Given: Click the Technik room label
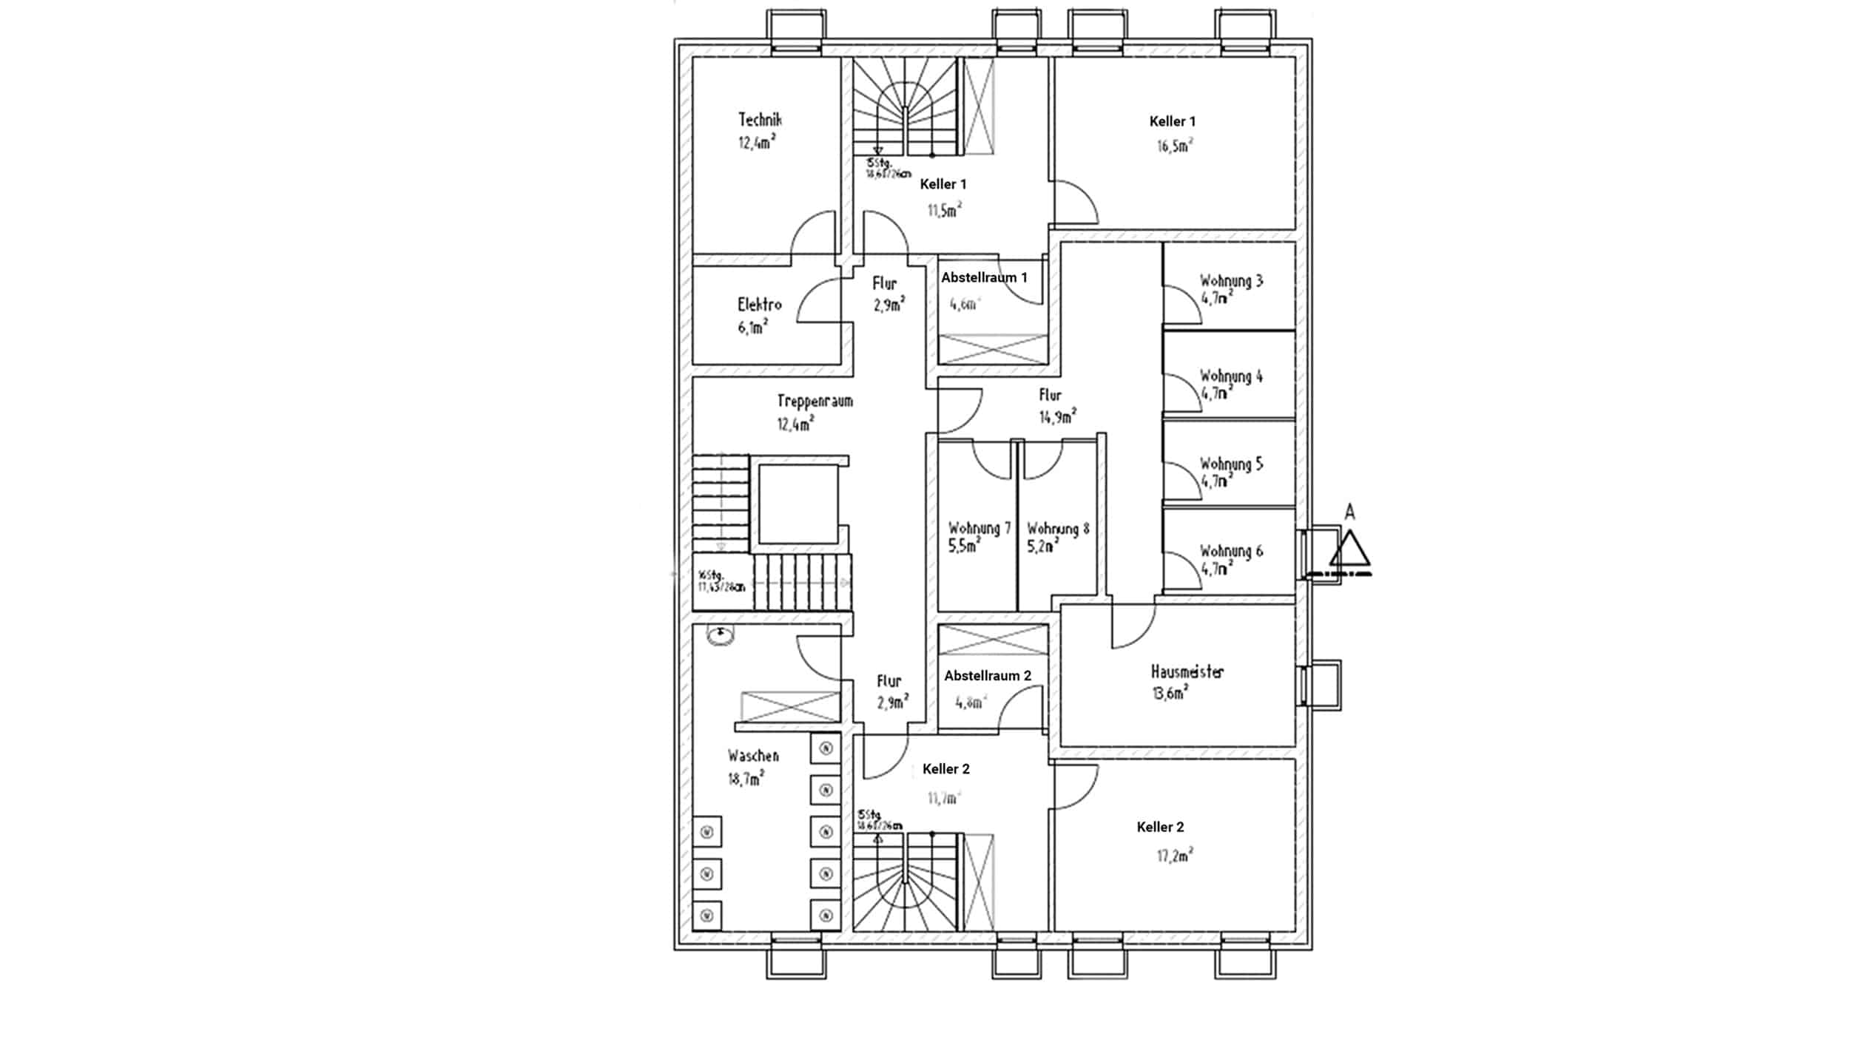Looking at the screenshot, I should click(x=760, y=120).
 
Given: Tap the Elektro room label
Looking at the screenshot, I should click(x=759, y=305).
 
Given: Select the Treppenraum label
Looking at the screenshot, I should click(x=815, y=402).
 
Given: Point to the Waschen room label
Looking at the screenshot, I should click(x=753, y=756).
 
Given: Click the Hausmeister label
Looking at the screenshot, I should click(x=1187, y=672).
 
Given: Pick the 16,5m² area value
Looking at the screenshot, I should click(x=1175, y=146).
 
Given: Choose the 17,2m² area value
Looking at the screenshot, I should click(x=1175, y=856).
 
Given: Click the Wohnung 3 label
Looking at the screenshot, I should click(x=1231, y=281).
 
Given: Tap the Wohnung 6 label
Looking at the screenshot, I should click(x=1231, y=552).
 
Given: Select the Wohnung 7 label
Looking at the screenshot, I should click(x=979, y=529).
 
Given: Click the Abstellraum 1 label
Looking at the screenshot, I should click(x=984, y=278).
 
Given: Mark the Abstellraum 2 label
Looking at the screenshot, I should click(x=988, y=676).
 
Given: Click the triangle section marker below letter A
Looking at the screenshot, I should click(x=1349, y=550).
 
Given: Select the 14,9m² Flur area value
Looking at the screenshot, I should click(x=1057, y=417).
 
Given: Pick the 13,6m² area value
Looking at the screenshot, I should click(x=1170, y=694).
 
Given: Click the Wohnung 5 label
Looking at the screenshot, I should click(x=1231, y=464).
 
